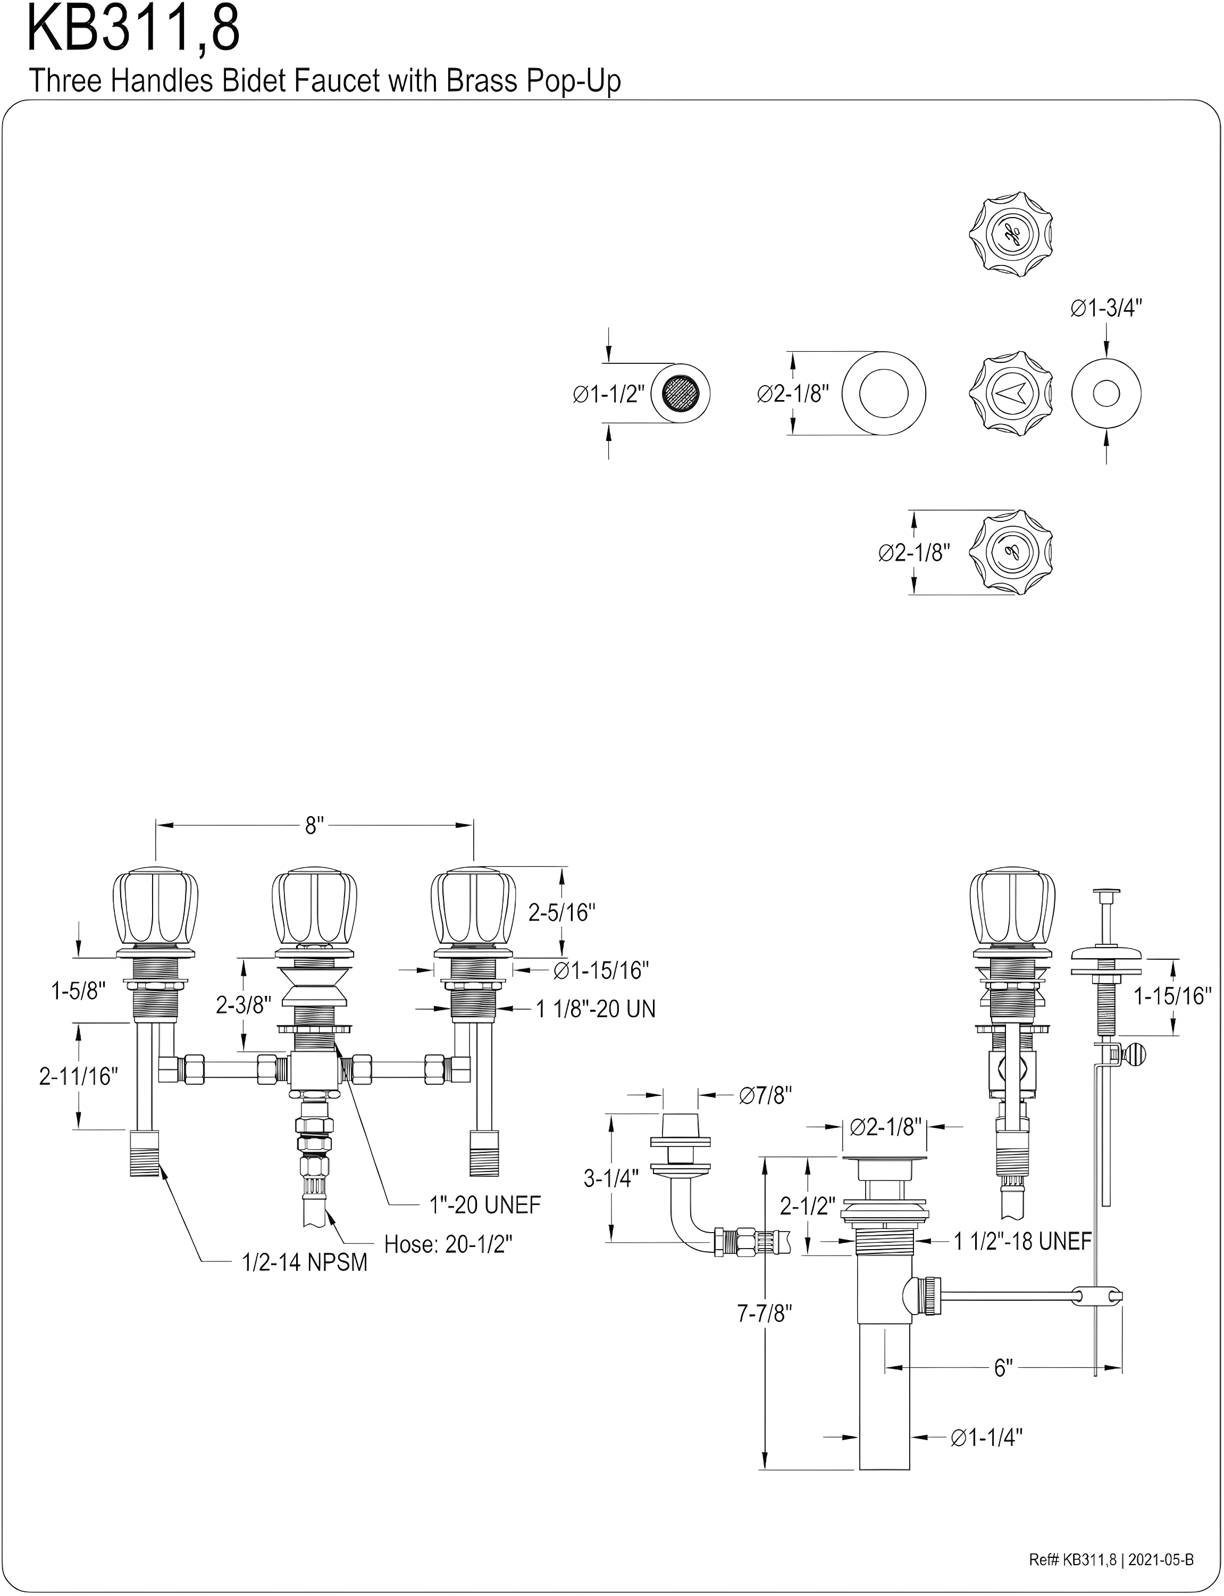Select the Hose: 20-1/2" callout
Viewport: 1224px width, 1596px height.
(448, 1244)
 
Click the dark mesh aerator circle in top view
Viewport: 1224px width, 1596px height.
(680, 394)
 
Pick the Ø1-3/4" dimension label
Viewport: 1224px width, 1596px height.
(1106, 308)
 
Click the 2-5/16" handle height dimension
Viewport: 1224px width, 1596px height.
(561, 912)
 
